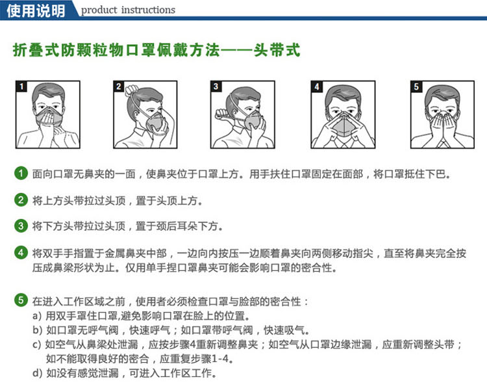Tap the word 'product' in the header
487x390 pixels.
pyautogui.click(x=97, y=10)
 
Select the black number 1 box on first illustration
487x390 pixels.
pyautogui.click(x=21, y=86)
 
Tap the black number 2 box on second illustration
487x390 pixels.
pyautogui.click(x=119, y=86)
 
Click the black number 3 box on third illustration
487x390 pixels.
pyautogui.click(x=217, y=86)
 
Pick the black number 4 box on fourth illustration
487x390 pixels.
pyautogui.click(x=316, y=86)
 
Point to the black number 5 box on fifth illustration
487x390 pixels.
pyautogui.click(x=416, y=86)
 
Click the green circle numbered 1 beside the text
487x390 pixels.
pyautogui.click(x=21, y=174)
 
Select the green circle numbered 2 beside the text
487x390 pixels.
pyautogui.click(x=21, y=200)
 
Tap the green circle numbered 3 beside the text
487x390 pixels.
pyautogui.click(x=21, y=226)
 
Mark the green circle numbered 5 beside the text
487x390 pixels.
pyautogui.click(x=21, y=300)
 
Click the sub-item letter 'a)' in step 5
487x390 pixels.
pyautogui.click(x=38, y=316)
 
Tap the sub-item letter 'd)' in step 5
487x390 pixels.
pyautogui.click(x=38, y=373)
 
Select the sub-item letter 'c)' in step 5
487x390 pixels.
pyautogui.click(x=38, y=344)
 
